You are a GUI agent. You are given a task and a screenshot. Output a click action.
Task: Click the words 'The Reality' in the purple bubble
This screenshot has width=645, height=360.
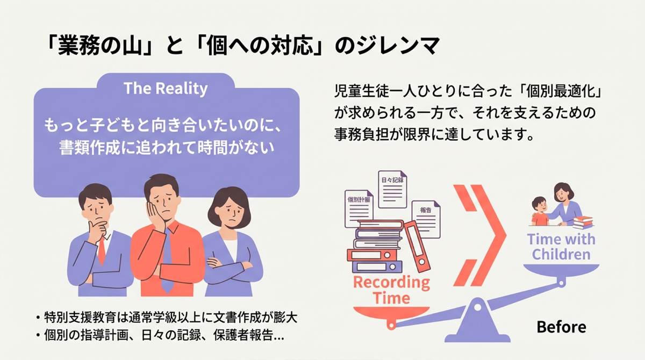pos(166,88)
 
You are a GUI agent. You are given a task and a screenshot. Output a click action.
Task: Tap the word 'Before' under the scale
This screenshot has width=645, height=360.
pos(562,327)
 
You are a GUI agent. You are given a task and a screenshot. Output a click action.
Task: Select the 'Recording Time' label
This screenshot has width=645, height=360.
pos(392,290)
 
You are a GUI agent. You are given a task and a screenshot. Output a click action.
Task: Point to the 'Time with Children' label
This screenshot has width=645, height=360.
pos(561,247)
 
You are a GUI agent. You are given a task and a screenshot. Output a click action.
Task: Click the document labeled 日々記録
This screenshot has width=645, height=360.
pos(392,189)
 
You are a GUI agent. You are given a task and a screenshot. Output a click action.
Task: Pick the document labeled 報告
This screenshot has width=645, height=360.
pos(426,219)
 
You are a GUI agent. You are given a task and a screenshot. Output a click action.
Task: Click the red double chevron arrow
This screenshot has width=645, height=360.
pos(479,235)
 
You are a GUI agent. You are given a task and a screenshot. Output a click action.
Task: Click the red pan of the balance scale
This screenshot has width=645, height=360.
pos(391,314)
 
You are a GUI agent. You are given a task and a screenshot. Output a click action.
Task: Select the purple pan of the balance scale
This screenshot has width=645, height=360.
pos(561,271)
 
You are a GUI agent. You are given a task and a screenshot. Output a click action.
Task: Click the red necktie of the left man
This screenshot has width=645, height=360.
pos(101,250)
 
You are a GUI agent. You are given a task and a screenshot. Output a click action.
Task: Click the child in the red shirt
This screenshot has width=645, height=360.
pos(540,211)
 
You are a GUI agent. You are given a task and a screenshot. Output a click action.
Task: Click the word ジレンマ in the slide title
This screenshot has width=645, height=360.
pos(398,46)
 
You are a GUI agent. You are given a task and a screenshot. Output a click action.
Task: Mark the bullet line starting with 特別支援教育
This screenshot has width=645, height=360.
pos(167,318)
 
